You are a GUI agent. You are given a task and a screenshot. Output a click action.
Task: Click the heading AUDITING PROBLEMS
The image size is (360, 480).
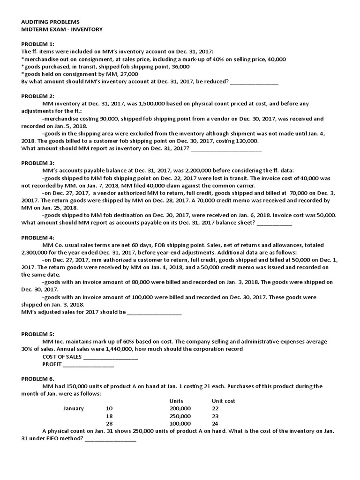click(x=51, y=22)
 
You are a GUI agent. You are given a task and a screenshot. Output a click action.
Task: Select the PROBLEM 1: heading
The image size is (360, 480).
click(x=38, y=44)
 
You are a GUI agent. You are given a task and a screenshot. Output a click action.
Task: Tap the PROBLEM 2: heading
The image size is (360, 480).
click(x=38, y=96)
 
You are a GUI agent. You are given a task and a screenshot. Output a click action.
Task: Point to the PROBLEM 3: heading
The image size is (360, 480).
click(x=38, y=163)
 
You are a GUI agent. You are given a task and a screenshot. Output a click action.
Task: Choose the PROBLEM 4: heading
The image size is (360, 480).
click(x=38, y=238)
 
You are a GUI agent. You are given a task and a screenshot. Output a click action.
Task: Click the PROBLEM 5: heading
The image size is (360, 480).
click(x=38, y=334)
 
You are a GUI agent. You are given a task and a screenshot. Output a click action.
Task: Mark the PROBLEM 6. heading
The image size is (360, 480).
click(x=37, y=378)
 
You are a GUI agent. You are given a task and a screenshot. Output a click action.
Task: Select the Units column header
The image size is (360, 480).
click(x=176, y=401)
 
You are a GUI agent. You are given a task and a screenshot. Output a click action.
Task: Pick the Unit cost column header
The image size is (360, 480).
click(x=224, y=401)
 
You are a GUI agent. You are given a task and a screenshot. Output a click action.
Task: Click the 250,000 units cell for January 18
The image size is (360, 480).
click(x=180, y=416)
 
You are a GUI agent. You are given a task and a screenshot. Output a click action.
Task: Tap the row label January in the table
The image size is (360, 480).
click(x=74, y=409)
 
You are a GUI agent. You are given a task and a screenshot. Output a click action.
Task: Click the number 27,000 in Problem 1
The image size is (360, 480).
click(x=129, y=74)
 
